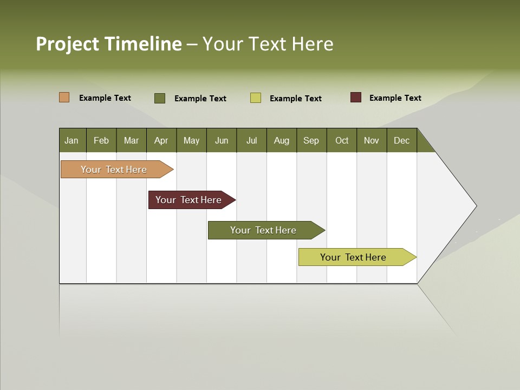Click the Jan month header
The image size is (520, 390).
pyautogui.click(x=72, y=140)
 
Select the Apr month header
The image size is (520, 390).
pyautogui.click(x=161, y=140)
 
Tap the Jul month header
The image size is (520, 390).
pyautogui.click(x=251, y=140)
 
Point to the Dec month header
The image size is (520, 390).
pyautogui.click(x=401, y=140)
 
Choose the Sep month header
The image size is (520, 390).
pyautogui.click(x=311, y=140)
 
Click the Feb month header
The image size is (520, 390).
pyautogui.click(x=101, y=140)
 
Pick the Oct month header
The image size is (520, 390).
pyautogui.click(x=342, y=140)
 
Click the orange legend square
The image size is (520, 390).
pyautogui.click(x=64, y=97)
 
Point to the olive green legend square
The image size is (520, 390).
pyautogui.click(x=160, y=98)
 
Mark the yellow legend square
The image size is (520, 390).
pyautogui.click(x=256, y=98)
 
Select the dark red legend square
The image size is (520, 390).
pyautogui.click(x=356, y=97)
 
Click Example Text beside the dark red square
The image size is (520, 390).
pyautogui.click(x=395, y=98)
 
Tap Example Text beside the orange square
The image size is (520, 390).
pyautogui.click(x=105, y=98)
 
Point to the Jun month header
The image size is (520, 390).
pyautogui.click(x=222, y=140)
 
